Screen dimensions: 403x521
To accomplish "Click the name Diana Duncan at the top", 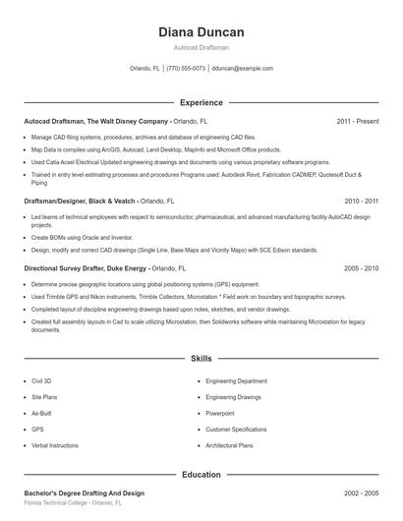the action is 201,32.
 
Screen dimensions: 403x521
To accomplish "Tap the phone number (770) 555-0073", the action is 186,69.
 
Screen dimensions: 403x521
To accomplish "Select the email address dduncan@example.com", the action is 243,69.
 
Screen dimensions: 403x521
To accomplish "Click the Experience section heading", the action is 201,102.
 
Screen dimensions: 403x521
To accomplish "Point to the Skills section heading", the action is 201,360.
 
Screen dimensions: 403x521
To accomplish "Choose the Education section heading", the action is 201,475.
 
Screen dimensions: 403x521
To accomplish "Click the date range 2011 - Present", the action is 357,122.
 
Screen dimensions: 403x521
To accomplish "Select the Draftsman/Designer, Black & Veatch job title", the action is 80,200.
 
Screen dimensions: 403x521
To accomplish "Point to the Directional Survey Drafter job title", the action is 86,267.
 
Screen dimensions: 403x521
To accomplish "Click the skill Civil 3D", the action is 41,380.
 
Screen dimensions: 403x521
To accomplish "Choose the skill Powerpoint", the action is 220,414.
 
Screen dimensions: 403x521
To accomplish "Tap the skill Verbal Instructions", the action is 55,445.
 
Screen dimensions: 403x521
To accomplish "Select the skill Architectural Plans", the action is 229,445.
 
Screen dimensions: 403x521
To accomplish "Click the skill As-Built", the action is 41,414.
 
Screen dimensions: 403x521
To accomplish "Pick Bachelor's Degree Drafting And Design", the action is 84,492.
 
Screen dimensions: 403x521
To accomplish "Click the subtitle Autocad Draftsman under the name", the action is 201,47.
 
